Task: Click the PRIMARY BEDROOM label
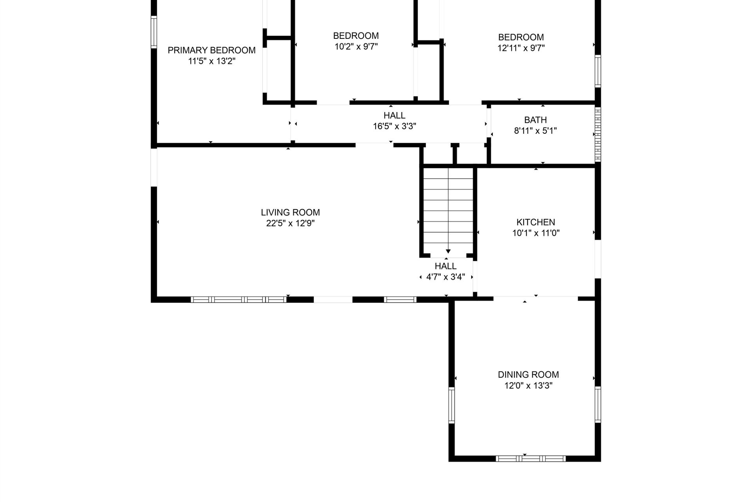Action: pos(211,50)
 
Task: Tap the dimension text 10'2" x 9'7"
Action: pos(356,47)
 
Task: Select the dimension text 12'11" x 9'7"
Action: pos(521,48)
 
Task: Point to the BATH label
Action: pos(535,120)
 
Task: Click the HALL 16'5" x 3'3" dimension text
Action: pos(394,126)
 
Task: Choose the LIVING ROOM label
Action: pos(290,213)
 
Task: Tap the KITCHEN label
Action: pos(536,222)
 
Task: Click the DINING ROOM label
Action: pos(528,375)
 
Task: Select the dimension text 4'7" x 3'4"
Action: pos(446,277)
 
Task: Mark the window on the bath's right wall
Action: pos(598,135)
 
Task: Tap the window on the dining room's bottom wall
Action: pos(531,458)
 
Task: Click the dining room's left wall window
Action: pos(452,405)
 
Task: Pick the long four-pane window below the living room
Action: pos(239,300)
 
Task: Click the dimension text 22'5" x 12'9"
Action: pos(290,224)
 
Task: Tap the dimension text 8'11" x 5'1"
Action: pos(535,131)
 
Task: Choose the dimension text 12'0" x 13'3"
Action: pos(528,386)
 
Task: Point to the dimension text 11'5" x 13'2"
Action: pos(211,61)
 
